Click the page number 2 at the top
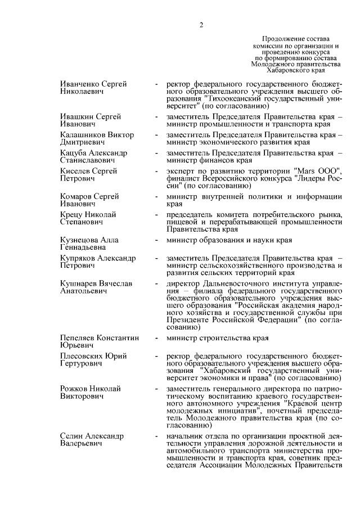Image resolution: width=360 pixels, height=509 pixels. (201, 24)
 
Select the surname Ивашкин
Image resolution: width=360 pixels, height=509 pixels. (76, 116)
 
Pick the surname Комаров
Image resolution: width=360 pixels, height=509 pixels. (76, 196)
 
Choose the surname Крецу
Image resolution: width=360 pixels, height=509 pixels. (71, 215)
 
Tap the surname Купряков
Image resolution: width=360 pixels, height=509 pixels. (78, 258)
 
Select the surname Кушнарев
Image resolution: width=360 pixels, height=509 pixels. (78, 283)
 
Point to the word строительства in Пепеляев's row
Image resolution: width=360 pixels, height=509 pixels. (224, 338)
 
